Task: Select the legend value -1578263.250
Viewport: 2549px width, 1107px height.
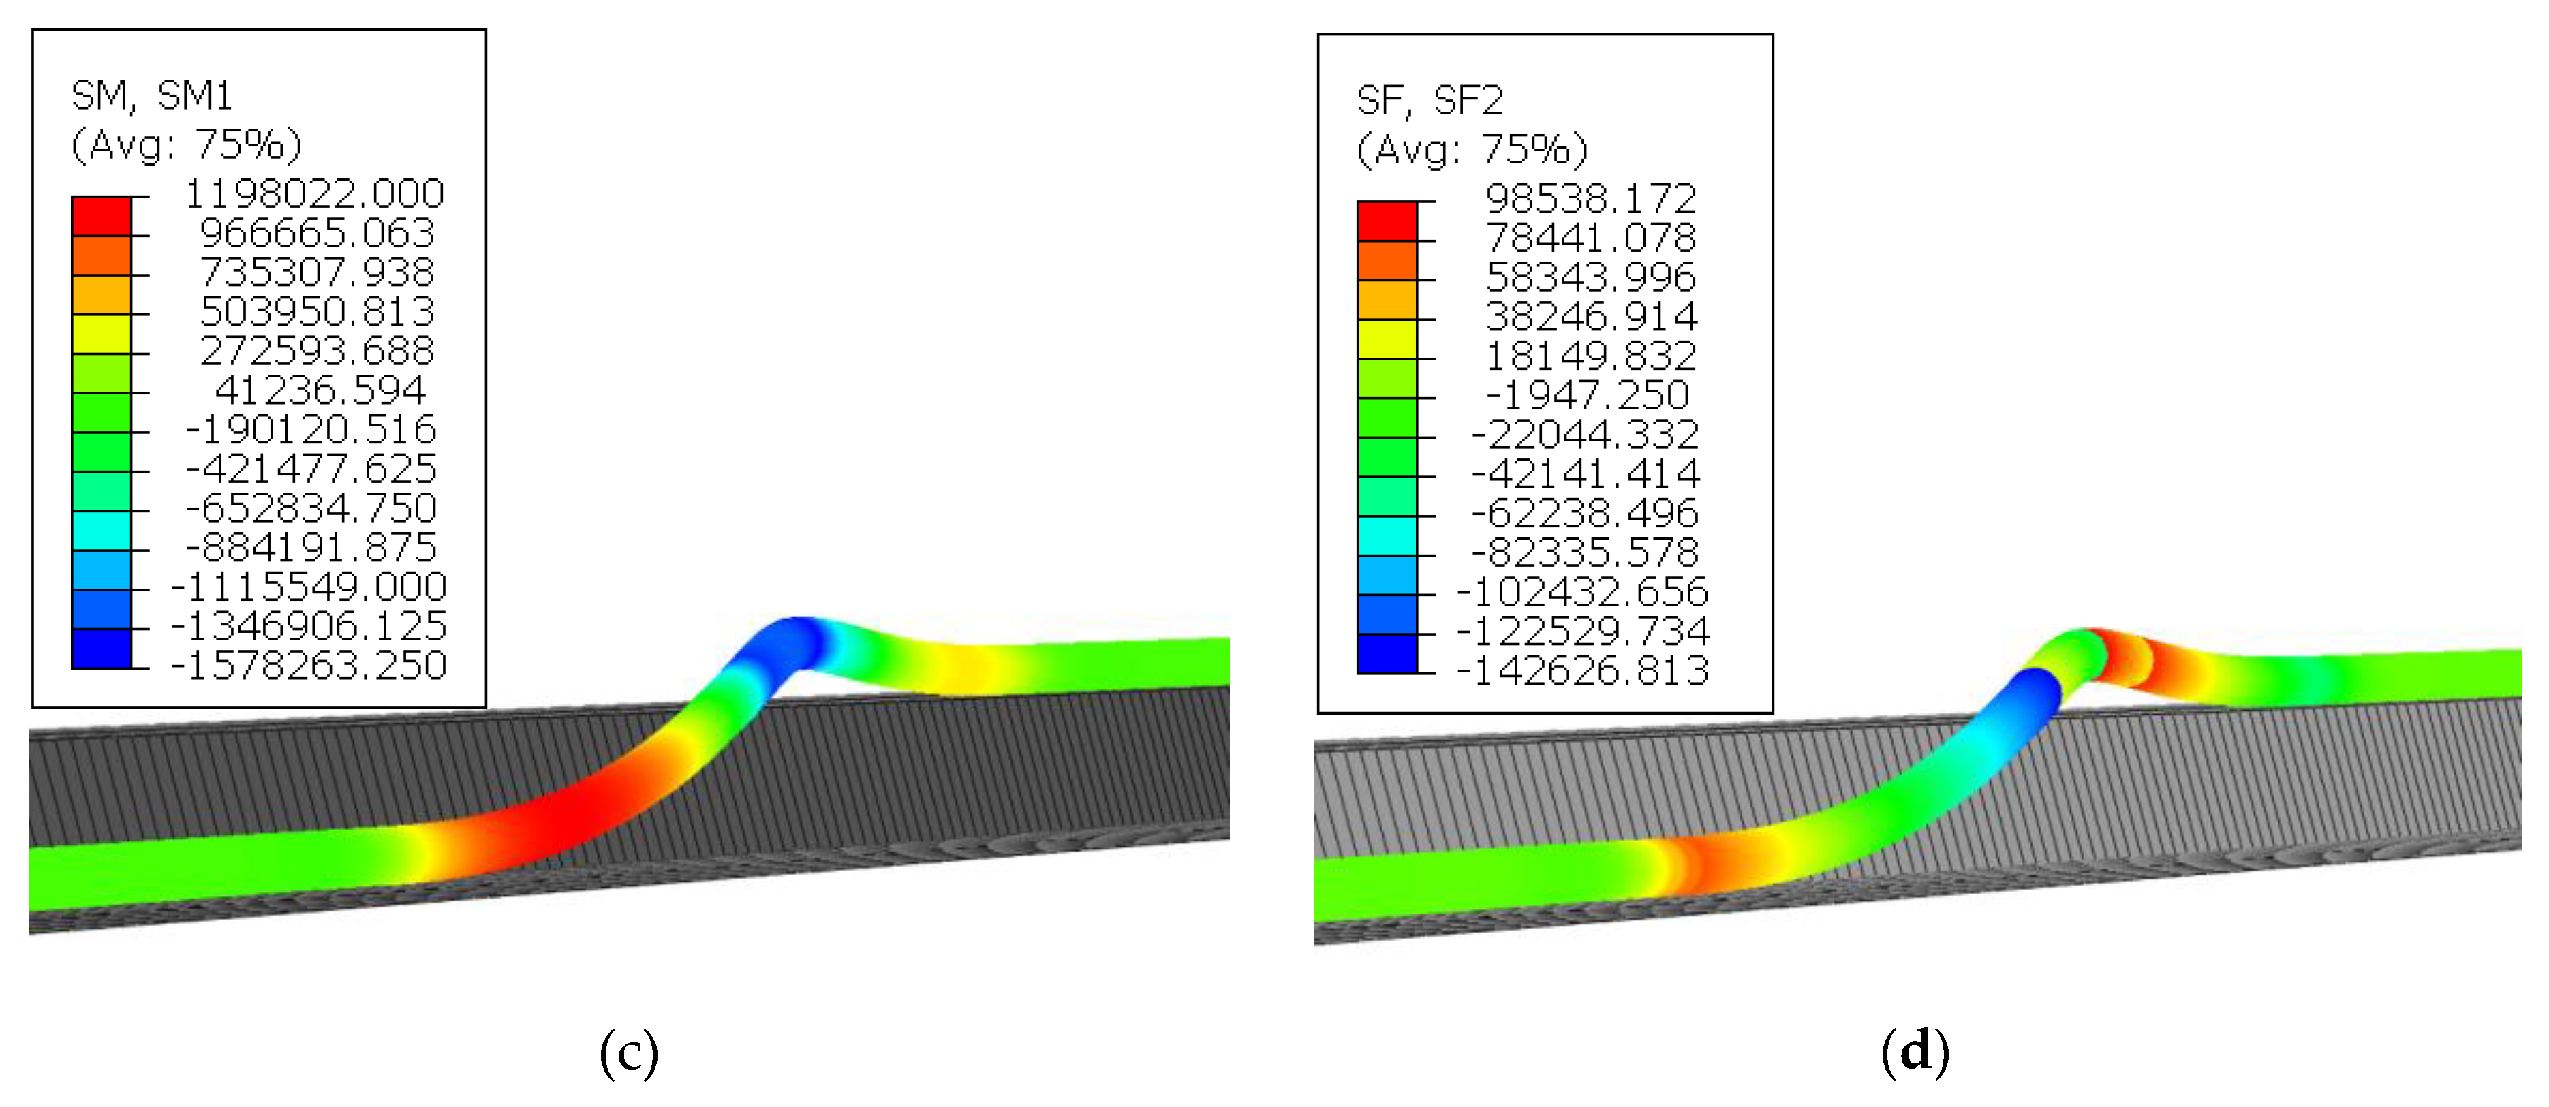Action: [x=309, y=665]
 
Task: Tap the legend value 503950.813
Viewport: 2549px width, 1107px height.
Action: [x=317, y=311]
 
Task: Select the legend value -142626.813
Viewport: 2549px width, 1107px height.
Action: [x=1584, y=671]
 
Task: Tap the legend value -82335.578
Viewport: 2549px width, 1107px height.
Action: [x=1586, y=552]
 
